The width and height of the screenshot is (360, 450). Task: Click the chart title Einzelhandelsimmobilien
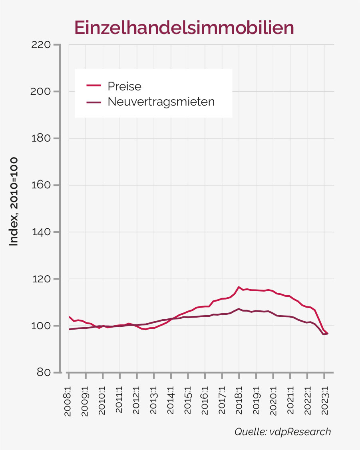pos(184,28)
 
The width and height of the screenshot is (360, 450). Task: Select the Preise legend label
pos(124,86)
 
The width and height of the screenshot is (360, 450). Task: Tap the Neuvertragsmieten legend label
pos(161,102)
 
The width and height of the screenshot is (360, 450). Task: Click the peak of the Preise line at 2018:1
pos(239,287)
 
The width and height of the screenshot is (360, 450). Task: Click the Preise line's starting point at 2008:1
pos(70,317)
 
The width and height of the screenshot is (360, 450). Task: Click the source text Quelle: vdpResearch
pos(282,432)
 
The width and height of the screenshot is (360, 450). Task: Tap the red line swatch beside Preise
pos(93,86)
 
